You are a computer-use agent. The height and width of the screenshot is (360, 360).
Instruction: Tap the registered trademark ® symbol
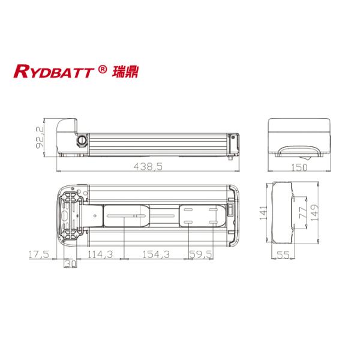(102, 70)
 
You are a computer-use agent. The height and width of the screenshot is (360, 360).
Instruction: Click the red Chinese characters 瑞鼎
(122, 71)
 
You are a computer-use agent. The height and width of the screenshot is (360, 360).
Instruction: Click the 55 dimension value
(281, 255)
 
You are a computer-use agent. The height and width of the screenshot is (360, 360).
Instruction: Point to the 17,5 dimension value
(38, 254)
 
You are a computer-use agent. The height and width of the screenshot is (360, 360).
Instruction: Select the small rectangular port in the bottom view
(230, 211)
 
